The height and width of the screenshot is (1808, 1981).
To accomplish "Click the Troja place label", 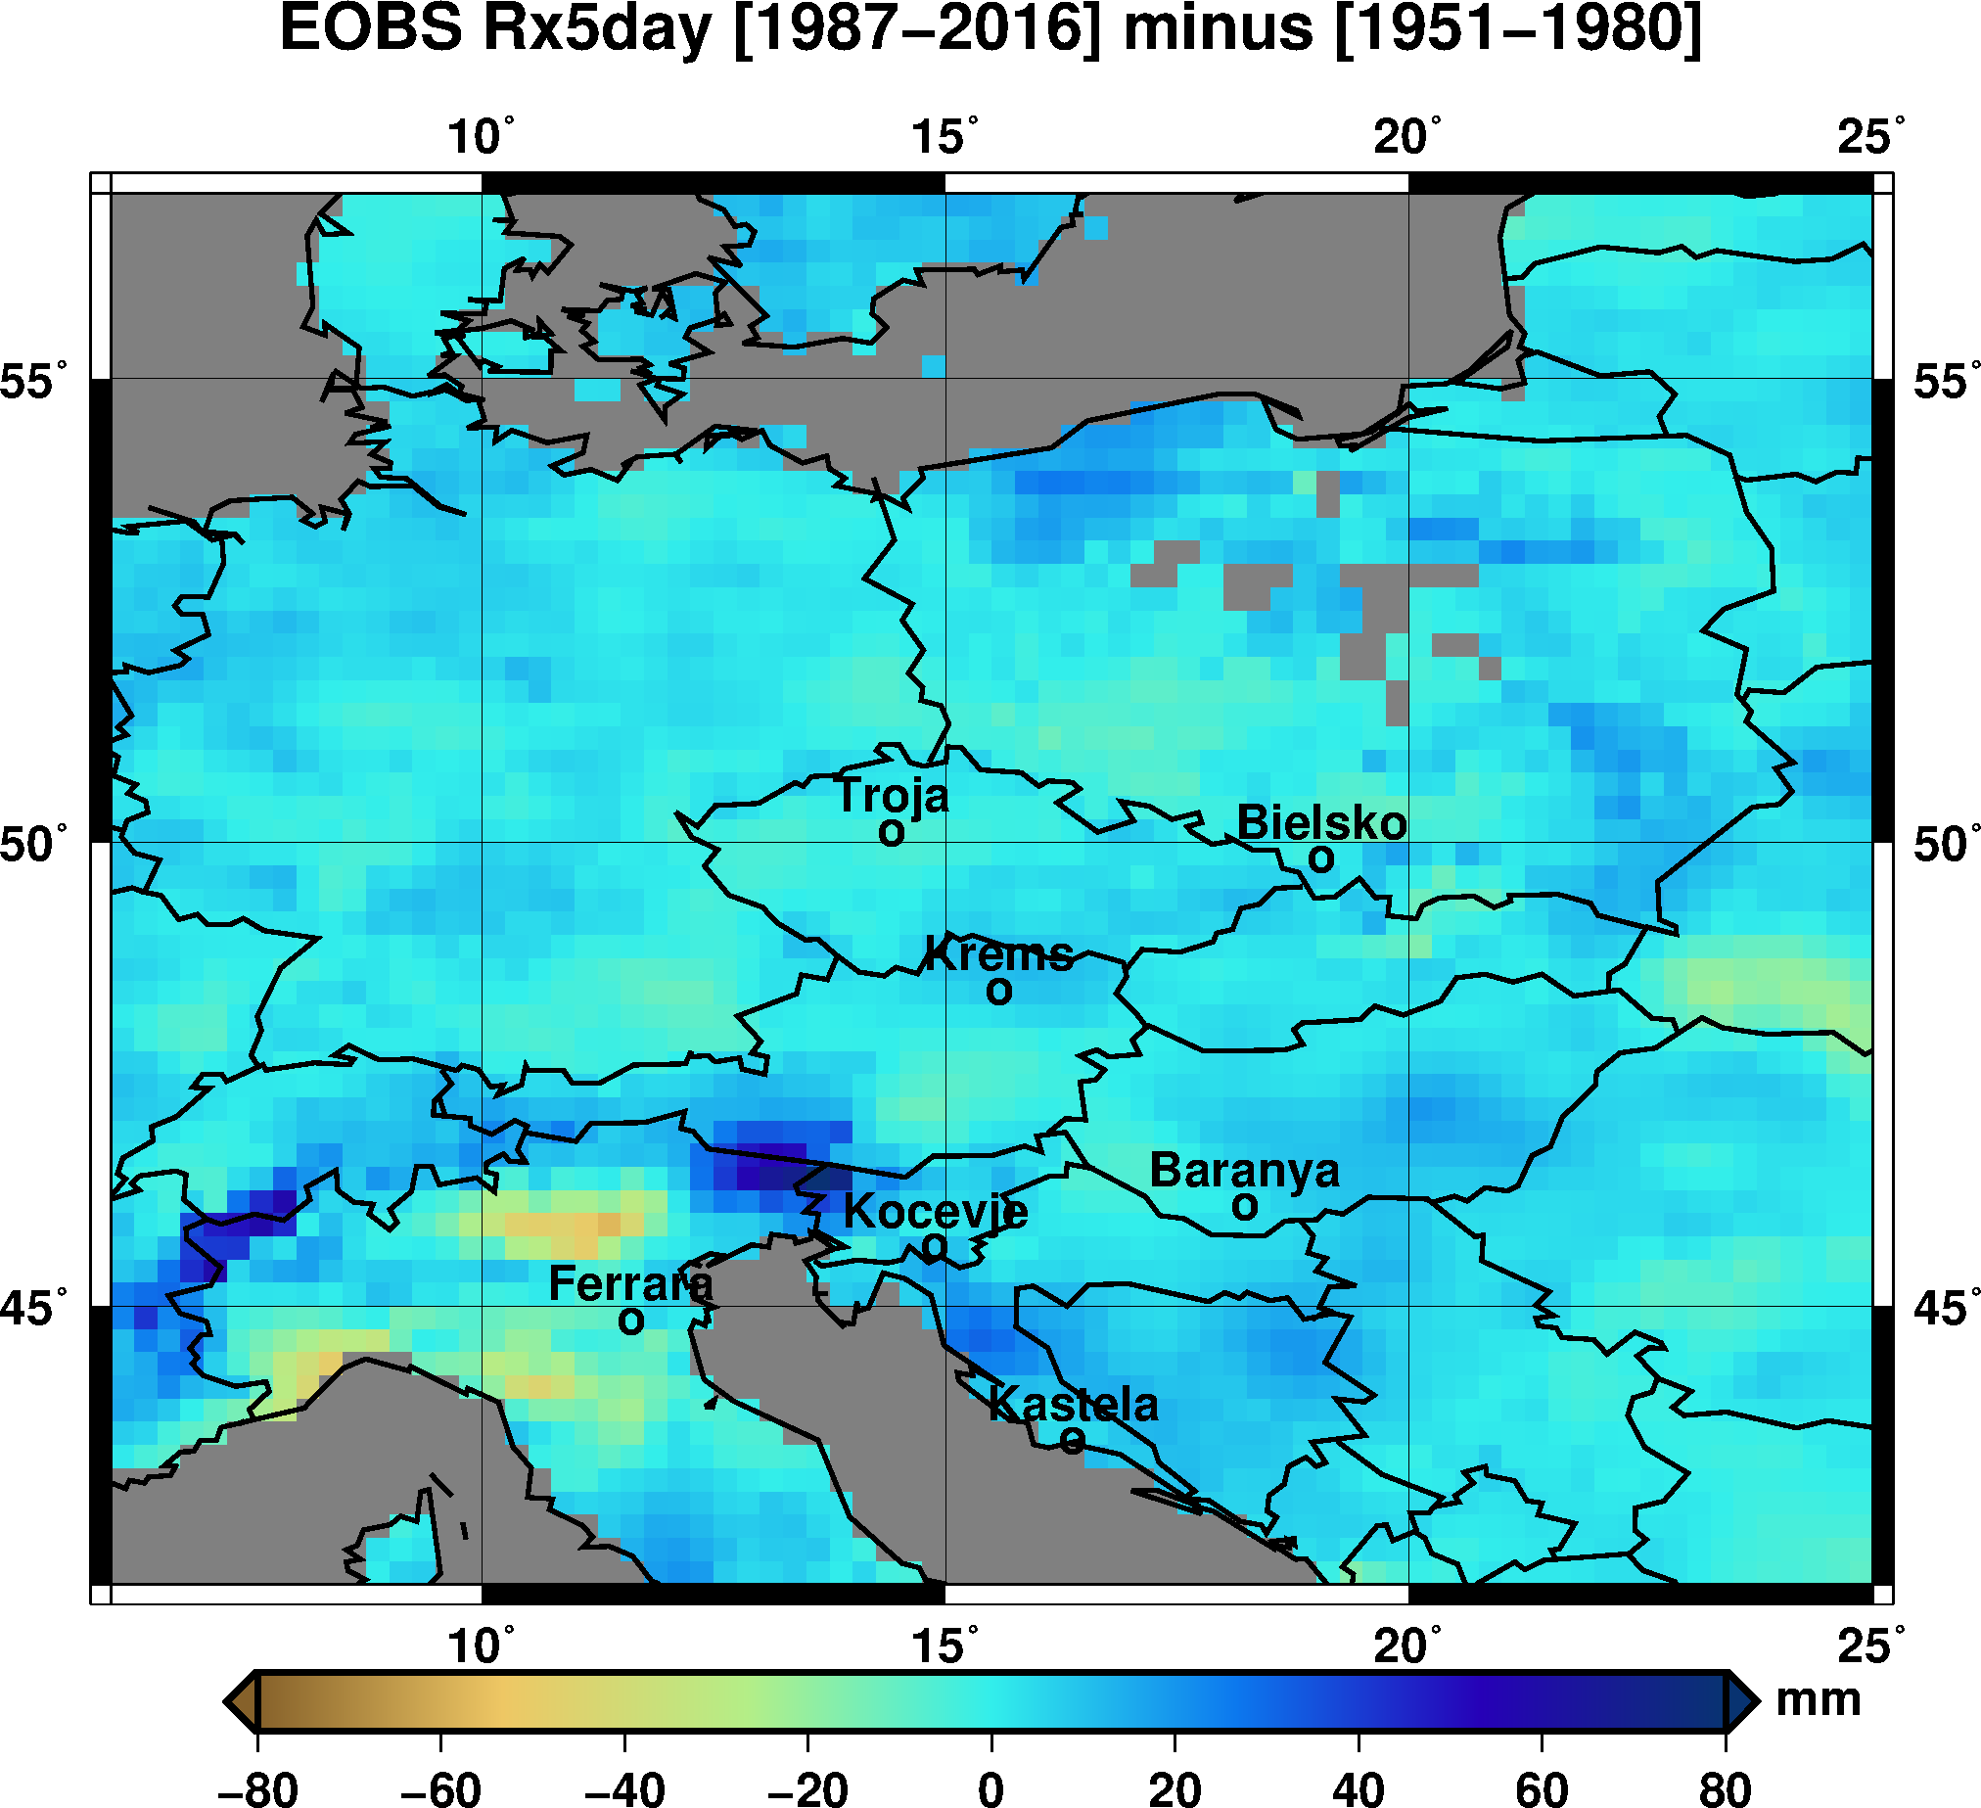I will tap(893, 797).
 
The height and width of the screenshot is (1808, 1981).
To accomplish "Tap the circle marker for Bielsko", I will tap(1321, 859).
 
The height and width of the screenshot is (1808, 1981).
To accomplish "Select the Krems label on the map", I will tap(999, 955).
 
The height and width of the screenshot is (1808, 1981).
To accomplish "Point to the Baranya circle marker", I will tap(1245, 1207).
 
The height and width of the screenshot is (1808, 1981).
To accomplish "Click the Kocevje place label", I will tap(936, 1213).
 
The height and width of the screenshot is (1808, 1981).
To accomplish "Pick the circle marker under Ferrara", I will tap(631, 1321).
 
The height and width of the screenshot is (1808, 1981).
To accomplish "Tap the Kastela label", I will tap(1073, 1404).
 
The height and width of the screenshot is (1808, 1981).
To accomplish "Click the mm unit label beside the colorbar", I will tap(1818, 1700).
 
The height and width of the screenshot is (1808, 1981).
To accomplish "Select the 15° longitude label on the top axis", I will tap(944, 138).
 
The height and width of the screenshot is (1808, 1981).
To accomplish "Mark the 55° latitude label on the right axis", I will tap(1941, 381).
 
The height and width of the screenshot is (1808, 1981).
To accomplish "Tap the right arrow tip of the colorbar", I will tap(1753, 1701).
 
